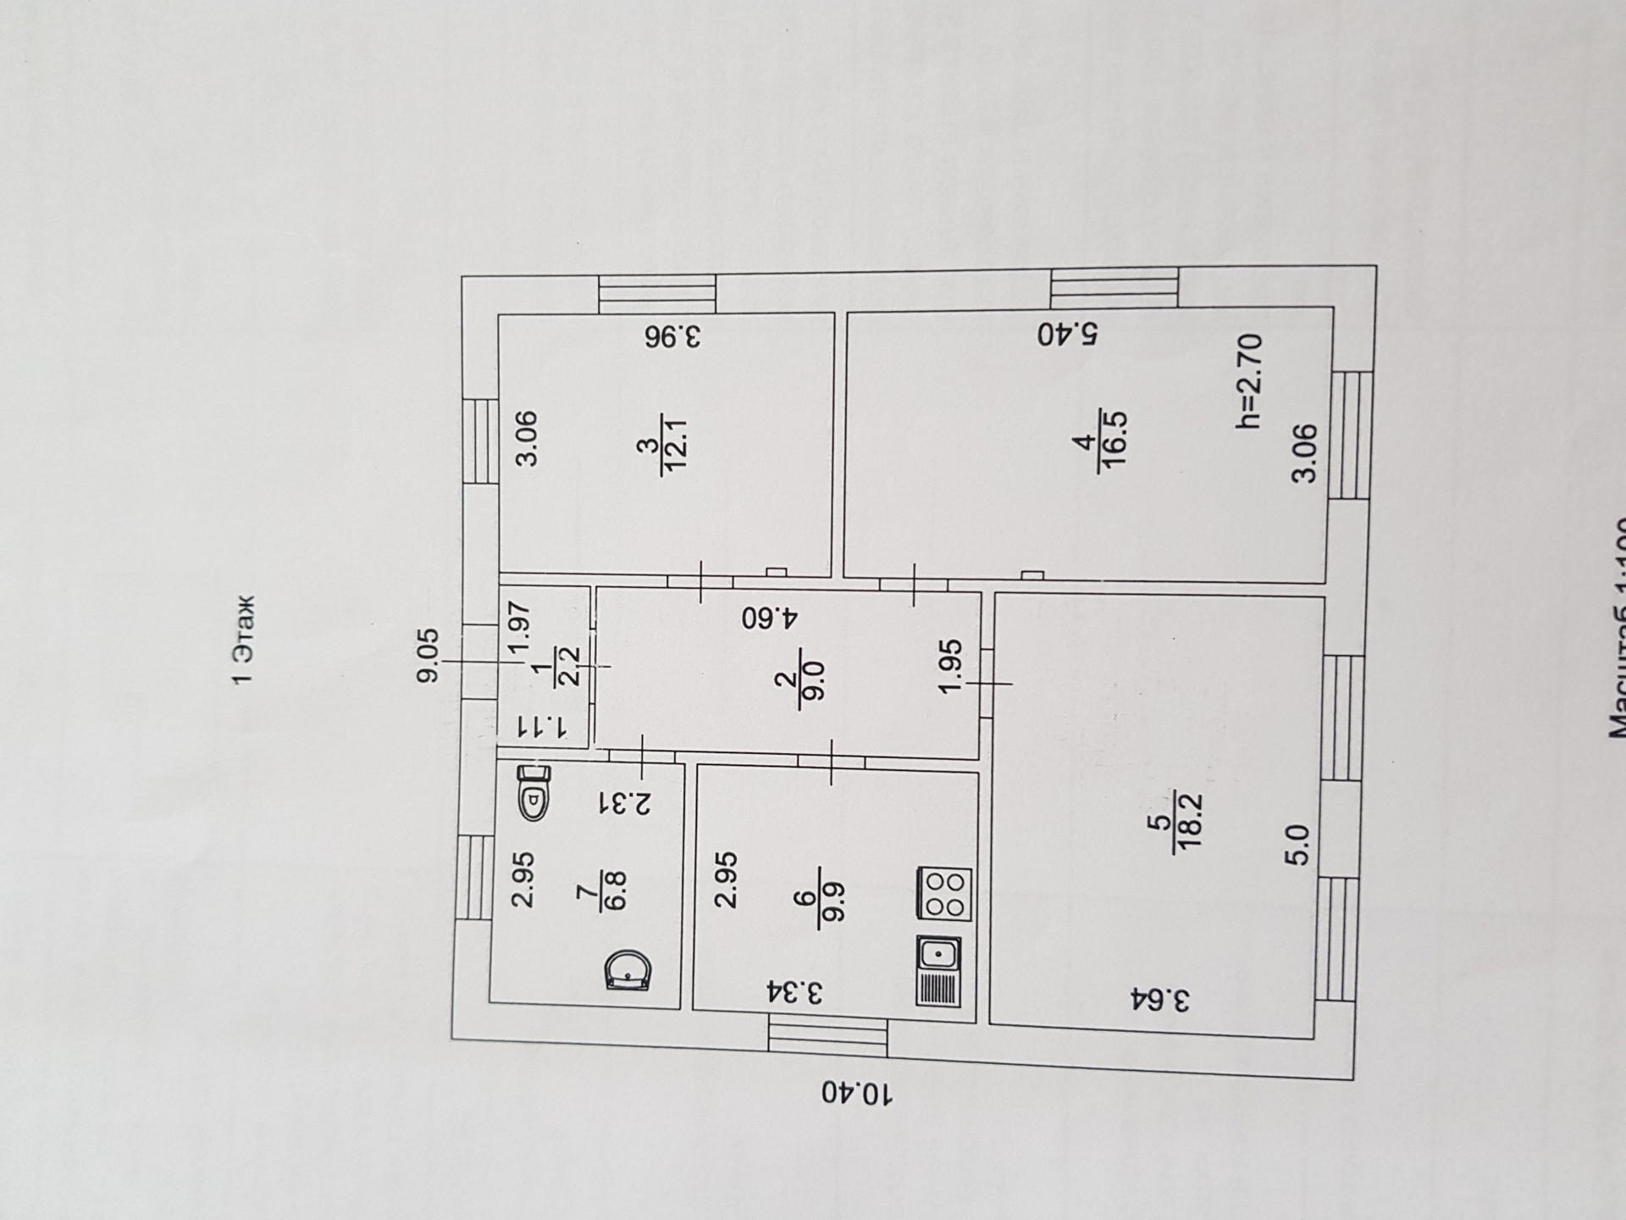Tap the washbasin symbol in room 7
pyautogui.click(x=628, y=971)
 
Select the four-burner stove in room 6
pyautogui.click(x=945, y=894)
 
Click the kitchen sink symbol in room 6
pyautogui.click(x=939, y=955)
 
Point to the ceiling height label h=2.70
pyautogui.click(x=1248, y=380)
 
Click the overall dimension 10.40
pyautogui.click(x=856, y=1093)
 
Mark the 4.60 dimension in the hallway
pyautogui.click(x=769, y=617)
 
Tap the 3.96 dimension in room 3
pyautogui.click(x=673, y=337)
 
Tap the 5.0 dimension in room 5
pyautogui.click(x=1299, y=845)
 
